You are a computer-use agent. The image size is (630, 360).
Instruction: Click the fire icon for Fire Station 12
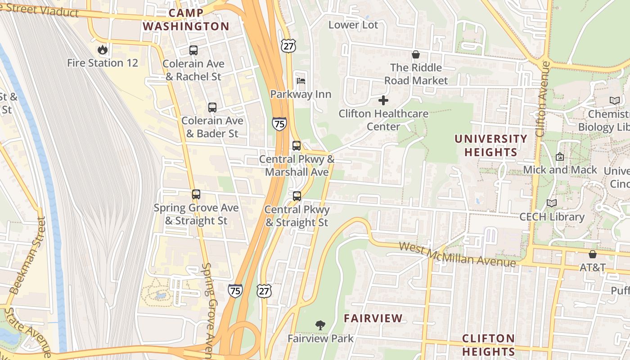coord(103,49)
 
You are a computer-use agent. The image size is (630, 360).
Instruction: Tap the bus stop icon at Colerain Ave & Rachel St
coord(193,50)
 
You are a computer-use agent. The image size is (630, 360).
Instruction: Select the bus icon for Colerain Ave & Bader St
coord(212,108)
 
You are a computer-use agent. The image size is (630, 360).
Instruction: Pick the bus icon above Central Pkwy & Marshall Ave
coord(297,146)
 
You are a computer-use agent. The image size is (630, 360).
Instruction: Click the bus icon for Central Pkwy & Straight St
coord(297,196)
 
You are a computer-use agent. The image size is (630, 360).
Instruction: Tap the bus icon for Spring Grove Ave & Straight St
coord(196,194)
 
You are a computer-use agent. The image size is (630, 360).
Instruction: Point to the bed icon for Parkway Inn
coord(301,81)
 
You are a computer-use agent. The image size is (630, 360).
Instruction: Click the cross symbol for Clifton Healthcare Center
coord(383,100)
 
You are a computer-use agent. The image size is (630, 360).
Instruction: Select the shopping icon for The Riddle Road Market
coord(416,54)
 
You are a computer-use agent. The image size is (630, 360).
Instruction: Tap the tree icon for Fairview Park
coord(320,324)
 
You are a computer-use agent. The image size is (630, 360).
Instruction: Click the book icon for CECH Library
coord(552,203)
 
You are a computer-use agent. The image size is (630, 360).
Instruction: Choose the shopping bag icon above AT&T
coord(593,254)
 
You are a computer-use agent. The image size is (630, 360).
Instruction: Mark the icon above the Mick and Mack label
coord(560,157)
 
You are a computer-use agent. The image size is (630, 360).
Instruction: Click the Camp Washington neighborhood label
coord(186,20)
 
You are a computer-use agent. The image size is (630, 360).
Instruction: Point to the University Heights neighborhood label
coord(490,145)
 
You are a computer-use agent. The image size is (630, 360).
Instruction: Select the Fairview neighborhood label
coord(373,319)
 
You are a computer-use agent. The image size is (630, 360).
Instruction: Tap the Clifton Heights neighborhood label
coord(488,345)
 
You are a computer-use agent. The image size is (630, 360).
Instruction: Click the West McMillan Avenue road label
coord(457,254)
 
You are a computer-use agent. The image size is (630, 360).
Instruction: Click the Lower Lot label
coord(353,25)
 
